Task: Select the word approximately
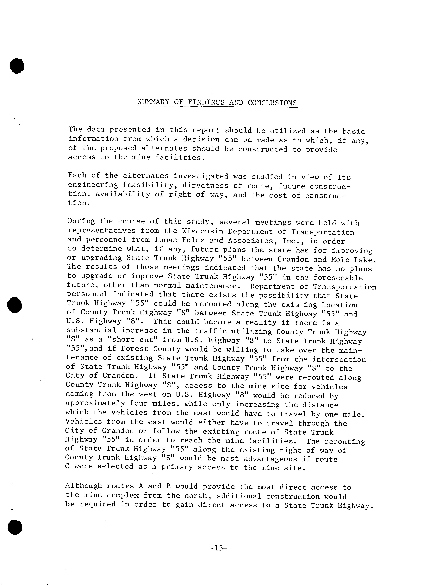point(95,403)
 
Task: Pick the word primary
point(177,468)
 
